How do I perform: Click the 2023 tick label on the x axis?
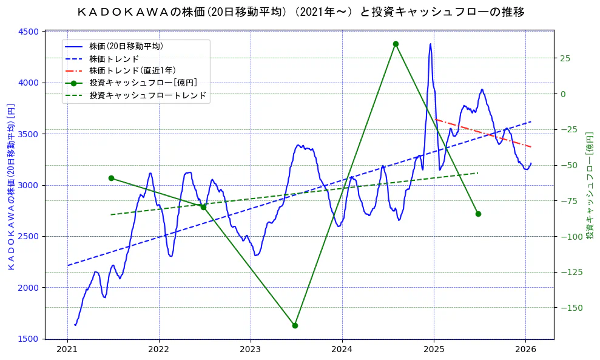(251, 349)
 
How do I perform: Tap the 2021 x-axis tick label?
(67, 349)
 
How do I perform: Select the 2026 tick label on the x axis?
(525, 349)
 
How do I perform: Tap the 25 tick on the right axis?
(565, 58)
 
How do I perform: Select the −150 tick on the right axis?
(569, 308)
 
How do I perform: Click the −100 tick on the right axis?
(569, 236)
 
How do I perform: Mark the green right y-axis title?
(589, 185)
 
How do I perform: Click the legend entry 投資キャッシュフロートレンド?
(147, 96)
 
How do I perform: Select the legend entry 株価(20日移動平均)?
(126, 46)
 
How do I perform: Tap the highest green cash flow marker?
(396, 44)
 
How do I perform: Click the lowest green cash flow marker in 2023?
(295, 325)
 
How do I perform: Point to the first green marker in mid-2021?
(111, 178)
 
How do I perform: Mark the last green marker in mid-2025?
(478, 214)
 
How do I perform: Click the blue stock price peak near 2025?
(431, 44)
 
